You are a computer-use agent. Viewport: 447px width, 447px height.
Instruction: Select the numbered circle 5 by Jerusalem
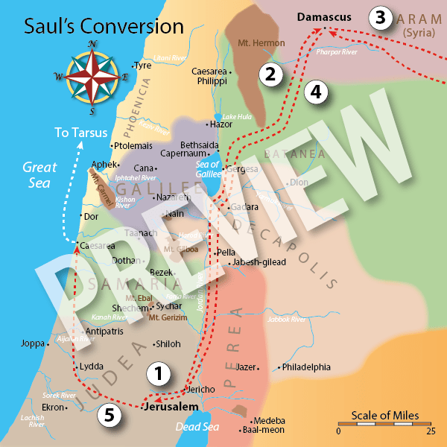click(109, 416)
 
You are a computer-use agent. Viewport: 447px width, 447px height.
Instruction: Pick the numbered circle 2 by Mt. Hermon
click(268, 73)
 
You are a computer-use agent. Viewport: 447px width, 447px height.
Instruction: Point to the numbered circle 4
click(316, 92)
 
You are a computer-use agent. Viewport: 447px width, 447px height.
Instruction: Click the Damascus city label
click(323, 16)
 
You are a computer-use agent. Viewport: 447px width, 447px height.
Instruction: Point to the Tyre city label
click(142, 66)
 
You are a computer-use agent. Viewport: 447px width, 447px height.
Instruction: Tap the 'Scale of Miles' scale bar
click(385, 422)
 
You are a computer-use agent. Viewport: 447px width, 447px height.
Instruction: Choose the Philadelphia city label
click(306, 367)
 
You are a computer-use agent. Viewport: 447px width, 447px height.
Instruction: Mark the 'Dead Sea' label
click(194, 427)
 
